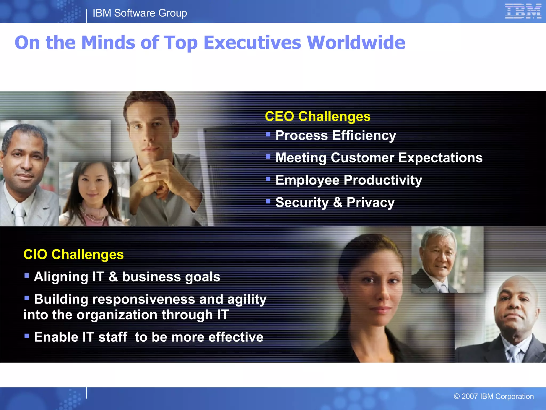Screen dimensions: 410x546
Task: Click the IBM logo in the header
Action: [x=523, y=11]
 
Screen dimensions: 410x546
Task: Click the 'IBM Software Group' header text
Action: [x=140, y=13]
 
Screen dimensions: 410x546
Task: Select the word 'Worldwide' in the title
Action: [x=356, y=43]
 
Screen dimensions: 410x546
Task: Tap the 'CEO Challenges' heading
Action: [x=318, y=116]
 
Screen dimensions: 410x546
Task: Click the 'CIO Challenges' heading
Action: [x=74, y=254]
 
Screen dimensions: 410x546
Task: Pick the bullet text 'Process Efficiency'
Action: [x=336, y=135]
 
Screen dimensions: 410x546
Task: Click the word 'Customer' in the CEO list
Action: [x=362, y=158]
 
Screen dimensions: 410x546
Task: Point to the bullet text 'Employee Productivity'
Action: [x=349, y=180]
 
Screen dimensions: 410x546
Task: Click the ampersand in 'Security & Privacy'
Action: [x=338, y=202]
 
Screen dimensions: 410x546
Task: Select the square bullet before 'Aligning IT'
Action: [x=27, y=275]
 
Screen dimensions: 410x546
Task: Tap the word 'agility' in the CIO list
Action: [x=247, y=299]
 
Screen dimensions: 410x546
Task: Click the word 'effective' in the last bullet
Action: [x=236, y=337]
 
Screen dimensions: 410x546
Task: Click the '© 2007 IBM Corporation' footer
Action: [x=494, y=396]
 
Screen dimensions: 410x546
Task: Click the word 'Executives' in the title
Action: [x=252, y=43]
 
